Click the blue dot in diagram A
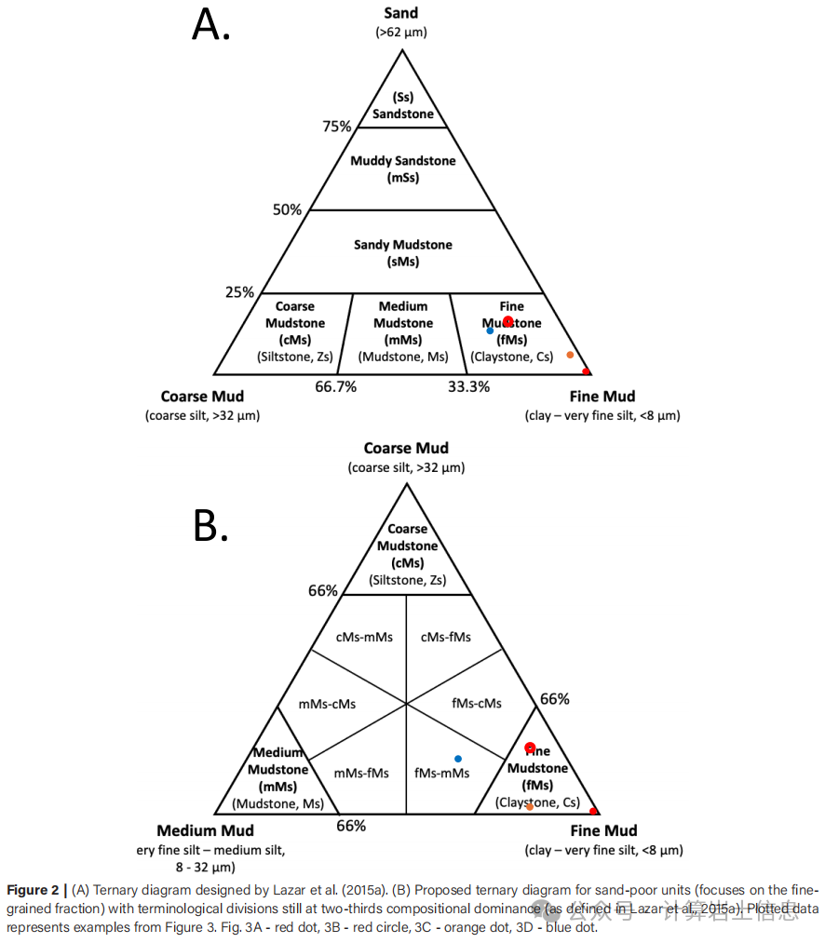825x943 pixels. click(490, 330)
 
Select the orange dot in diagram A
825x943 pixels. click(570, 355)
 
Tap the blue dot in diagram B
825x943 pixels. click(457, 759)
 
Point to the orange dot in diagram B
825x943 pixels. click(530, 806)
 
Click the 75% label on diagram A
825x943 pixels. click(337, 127)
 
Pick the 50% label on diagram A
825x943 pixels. click(287, 209)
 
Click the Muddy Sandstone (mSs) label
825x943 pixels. click(403, 168)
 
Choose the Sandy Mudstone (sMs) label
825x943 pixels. click(403, 253)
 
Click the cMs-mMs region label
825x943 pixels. click(364, 637)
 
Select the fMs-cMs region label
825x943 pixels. click(476, 703)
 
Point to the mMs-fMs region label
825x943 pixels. click(361, 773)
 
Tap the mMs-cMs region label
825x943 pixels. click(327, 703)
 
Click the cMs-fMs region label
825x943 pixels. click(446, 637)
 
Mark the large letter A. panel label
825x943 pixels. click(210, 25)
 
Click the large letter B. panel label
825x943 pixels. click(210, 526)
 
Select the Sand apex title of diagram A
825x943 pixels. click(401, 13)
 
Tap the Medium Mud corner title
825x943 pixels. click(205, 830)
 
